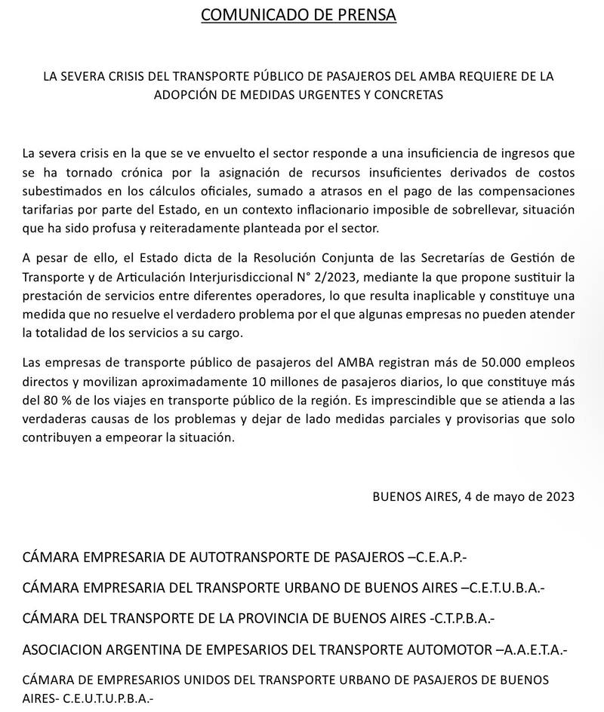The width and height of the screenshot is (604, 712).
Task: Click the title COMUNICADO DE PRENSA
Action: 298,15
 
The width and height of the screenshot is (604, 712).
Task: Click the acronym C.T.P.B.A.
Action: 461,618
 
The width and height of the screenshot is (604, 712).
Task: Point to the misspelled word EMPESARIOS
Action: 251,649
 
